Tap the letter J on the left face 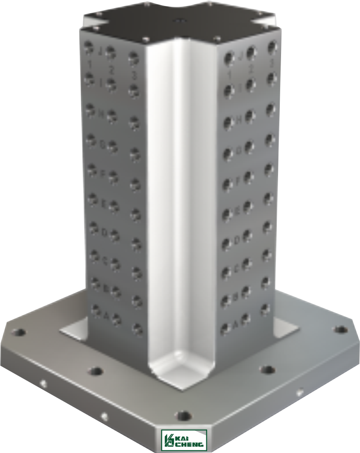click(100, 51)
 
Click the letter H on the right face click(239, 120)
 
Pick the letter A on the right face click(236, 324)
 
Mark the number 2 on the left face click(111, 69)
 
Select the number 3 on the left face click(134, 76)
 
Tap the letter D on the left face click(104, 232)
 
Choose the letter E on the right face click(238, 210)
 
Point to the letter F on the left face click(103, 173)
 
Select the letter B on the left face click(105, 288)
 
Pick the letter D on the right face click(238, 240)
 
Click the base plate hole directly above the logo click(183, 414)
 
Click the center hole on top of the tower click(179, 20)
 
